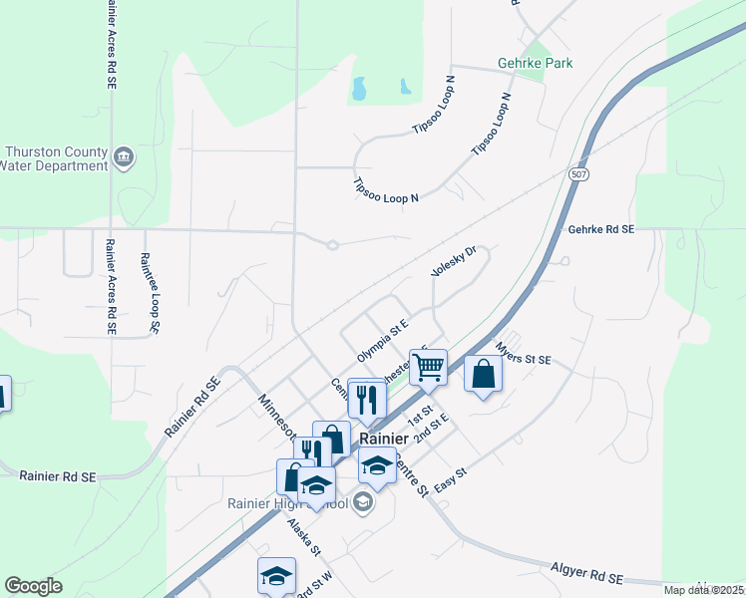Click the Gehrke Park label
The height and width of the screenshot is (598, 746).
tap(535, 64)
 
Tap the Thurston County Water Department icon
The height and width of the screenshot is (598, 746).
tap(125, 156)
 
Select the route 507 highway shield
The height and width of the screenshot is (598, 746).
tap(579, 174)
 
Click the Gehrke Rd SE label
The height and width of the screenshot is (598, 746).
tap(600, 229)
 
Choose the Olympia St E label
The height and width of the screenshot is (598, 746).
tap(384, 341)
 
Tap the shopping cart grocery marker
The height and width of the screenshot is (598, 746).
tap(428, 368)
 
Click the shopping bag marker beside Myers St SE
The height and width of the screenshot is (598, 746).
tap(483, 375)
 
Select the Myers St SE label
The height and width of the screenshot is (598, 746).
tap(523, 359)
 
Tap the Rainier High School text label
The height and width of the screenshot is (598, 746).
tap(287, 503)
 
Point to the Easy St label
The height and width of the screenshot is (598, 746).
tap(450, 481)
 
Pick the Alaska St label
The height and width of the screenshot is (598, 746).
tap(302, 537)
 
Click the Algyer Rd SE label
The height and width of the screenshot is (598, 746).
tap(586, 575)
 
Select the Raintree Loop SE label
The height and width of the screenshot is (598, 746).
tap(151, 292)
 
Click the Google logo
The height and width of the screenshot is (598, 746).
tap(33, 586)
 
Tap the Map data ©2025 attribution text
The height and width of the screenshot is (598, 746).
tap(704, 590)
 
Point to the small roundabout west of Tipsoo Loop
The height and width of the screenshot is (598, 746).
tap(332, 244)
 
